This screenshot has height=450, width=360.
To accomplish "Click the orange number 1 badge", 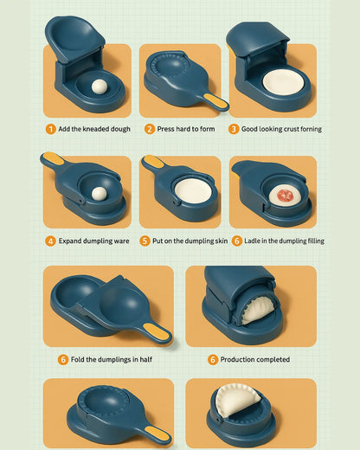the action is pos(50,129).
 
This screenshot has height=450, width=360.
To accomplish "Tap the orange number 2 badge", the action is pos(150,129).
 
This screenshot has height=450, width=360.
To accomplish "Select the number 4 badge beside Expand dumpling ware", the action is pos(50,241).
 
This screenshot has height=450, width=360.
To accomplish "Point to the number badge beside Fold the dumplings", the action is pos(63,360).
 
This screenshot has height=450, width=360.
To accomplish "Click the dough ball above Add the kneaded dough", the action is pos(100,87).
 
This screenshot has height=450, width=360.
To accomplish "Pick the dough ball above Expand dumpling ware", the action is pos(99,194).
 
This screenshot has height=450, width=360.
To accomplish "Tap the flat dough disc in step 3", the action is pos(283,83).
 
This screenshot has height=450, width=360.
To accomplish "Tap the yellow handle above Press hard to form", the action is pos(215,101).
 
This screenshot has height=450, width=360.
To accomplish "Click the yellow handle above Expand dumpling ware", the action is pos(54,158).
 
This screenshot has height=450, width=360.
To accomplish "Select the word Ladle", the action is pos(252,241).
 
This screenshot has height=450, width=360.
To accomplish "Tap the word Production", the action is pos(237,360).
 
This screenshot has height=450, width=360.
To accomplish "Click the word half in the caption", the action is pos(146,360).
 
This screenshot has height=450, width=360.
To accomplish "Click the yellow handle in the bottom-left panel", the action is pos(157,434).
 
